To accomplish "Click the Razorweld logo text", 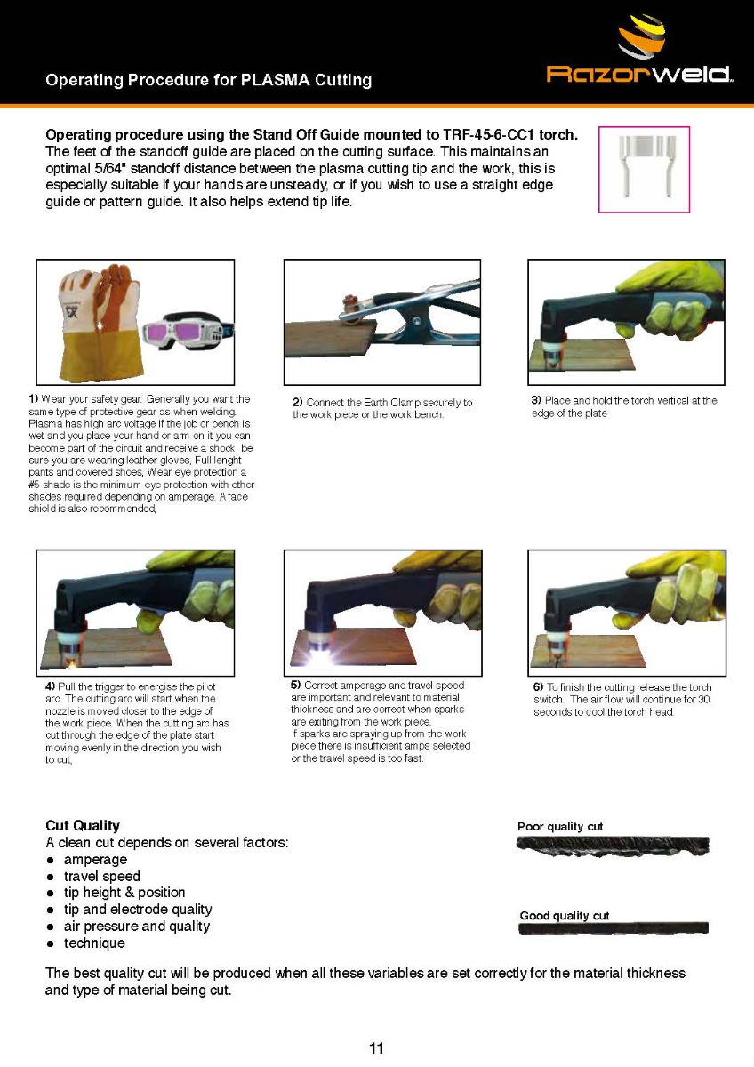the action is (639, 75).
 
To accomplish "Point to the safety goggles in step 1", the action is (188, 331).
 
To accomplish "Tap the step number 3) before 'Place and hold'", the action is (536, 401).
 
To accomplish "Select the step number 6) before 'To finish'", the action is (538, 687).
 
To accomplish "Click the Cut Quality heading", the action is (83, 825).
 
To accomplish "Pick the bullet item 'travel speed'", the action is (102, 877).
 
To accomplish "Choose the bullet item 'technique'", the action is (95, 943).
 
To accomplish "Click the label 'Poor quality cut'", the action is (560, 826).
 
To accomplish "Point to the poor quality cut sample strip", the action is (613, 846).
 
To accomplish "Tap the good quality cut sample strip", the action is (614, 928).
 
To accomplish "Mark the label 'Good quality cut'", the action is (565, 916).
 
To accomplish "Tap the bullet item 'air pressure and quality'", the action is (137, 927).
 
